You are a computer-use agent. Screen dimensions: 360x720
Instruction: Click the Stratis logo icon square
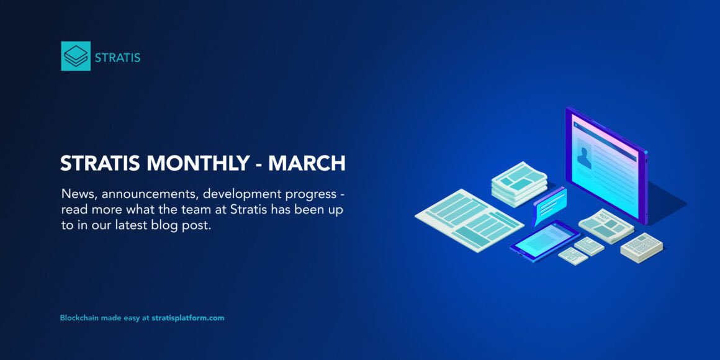tap(76, 56)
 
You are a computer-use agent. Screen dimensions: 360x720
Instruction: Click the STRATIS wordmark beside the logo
tap(117, 58)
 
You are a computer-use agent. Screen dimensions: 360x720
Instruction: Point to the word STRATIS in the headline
tap(100, 163)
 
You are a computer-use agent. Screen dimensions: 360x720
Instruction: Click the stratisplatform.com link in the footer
tap(187, 318)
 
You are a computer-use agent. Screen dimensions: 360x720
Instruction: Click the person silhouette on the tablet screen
tap(584, 157)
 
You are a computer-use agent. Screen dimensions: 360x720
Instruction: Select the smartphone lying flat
tap(544, 238)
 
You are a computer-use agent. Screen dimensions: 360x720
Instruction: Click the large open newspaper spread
tap(468, 219)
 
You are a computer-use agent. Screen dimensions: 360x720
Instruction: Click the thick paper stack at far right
tap(641, 247)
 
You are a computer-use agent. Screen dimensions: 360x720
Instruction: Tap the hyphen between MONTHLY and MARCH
tap(258, 164)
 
